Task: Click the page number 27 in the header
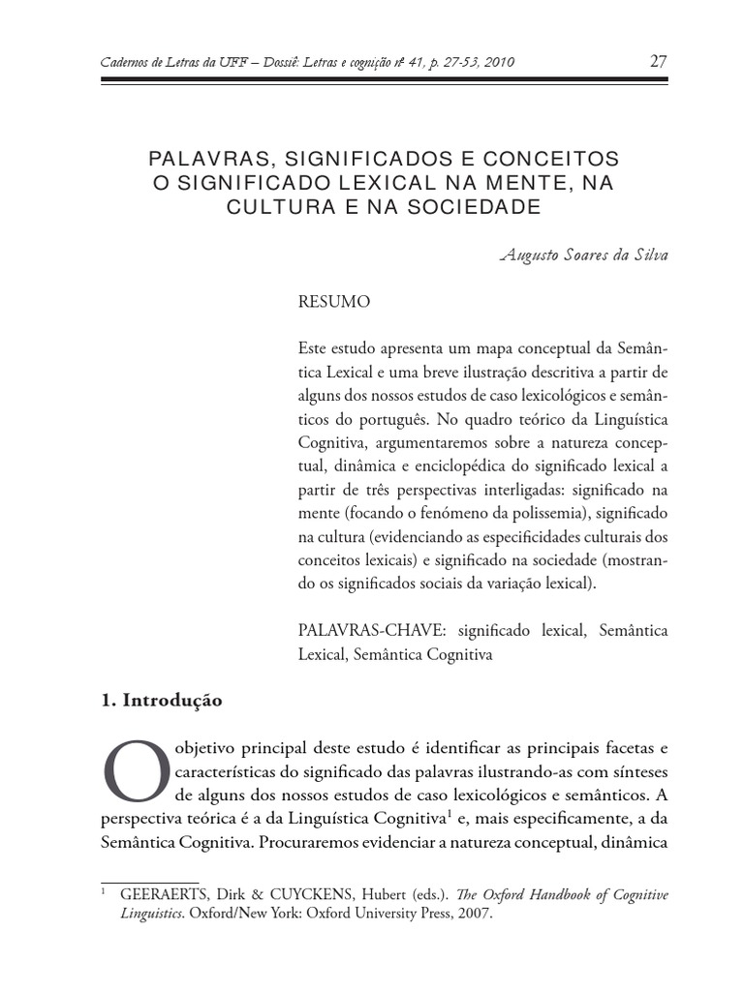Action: pos(658,62)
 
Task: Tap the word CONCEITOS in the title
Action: pos(557,158)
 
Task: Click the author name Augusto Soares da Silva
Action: pos(583,255)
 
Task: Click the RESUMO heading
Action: pos(334,302)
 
